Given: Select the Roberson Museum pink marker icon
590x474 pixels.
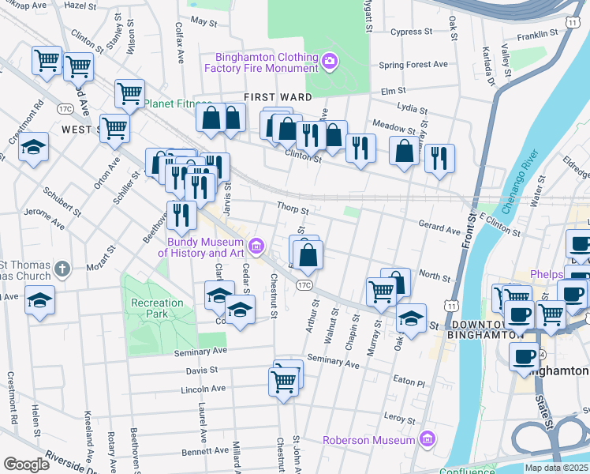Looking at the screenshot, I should [427, 438].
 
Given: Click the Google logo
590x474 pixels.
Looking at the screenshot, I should [26, 464].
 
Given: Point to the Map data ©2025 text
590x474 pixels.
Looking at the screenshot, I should [557, 468].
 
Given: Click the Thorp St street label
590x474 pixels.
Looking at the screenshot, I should [292, 209].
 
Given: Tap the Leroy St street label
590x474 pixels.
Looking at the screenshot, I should [399, 418].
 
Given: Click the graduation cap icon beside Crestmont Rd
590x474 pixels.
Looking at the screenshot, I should [34, 148].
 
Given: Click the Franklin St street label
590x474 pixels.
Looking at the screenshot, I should [540, 35].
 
